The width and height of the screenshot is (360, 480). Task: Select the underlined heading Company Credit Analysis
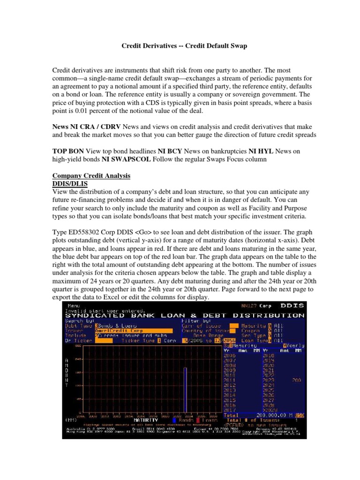coord(91,175)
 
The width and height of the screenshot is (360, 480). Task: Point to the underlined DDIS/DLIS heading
coord(69,183)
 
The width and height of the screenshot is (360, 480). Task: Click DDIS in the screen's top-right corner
coord(292,306)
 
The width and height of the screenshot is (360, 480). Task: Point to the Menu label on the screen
coord(75,306)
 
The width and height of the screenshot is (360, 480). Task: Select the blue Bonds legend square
coord(175,420)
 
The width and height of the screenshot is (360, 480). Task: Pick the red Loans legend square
coord(198,420)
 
